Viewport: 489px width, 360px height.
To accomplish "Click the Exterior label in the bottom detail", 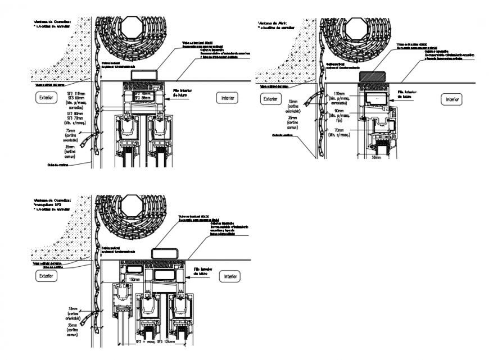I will tap(44, 276).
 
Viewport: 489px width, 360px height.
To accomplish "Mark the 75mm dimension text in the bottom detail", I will tap(72, 308).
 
